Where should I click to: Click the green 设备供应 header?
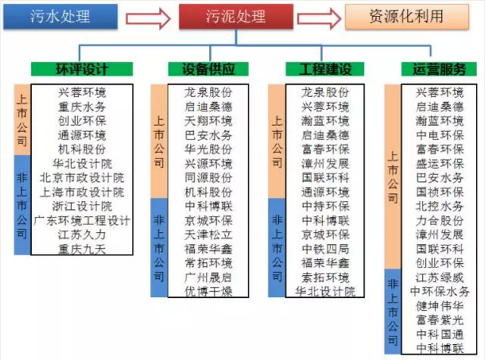click(201, 69)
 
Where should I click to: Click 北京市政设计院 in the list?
click(82, 177)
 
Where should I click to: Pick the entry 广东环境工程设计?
click(82, 221)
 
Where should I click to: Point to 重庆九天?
click(82, 249)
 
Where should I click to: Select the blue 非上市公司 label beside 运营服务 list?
click(393, 311)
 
